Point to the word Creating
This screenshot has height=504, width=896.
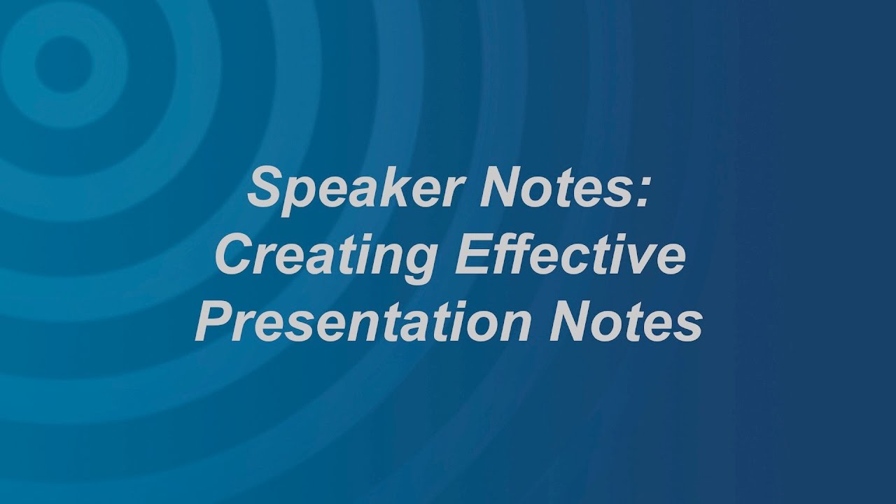(x=325, y=258)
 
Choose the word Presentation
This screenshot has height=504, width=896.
(x=353, y=321)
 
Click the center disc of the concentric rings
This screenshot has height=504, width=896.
(x=64, y=64)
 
